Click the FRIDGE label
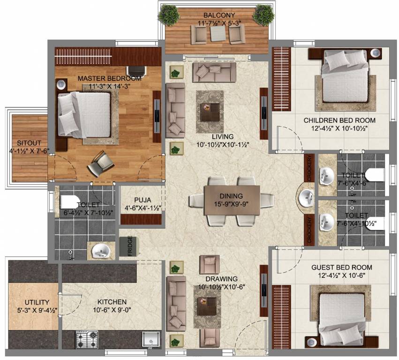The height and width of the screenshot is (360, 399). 130,246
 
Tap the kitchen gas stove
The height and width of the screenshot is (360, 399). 87,339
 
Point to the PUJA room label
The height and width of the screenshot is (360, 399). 143,200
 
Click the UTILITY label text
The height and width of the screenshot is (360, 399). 37,302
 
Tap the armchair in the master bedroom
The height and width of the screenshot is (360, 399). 99,163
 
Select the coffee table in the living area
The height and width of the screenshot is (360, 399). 210,112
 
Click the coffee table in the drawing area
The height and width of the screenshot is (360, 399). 207,306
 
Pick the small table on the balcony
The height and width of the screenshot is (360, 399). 218,33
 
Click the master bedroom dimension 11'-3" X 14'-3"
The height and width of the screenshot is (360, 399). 109,87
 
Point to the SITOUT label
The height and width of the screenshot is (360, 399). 29,142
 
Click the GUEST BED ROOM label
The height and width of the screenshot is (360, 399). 341,267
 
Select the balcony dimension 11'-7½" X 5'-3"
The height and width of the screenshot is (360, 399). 219,23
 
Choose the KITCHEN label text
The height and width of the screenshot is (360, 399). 112,302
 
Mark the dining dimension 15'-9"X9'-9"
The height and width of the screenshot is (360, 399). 231,204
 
